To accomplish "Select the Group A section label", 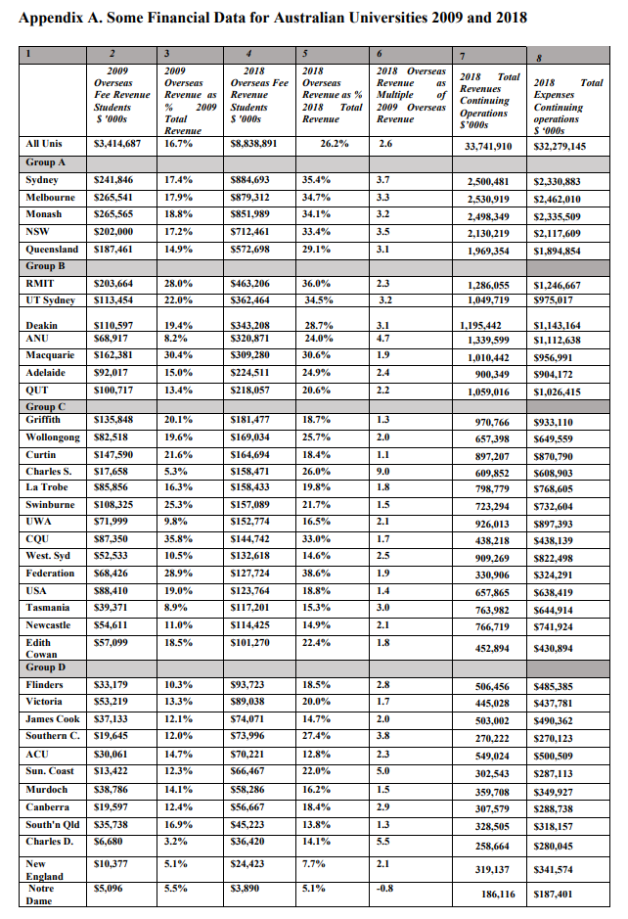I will (x=46, y=162).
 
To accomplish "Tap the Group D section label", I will (x=46, y=666).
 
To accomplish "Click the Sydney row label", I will (x=41, y=180).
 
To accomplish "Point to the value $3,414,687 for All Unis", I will (x=116, y=144).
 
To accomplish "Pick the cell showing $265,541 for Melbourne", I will (x=112, y=198).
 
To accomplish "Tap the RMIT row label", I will (x=40, y=283).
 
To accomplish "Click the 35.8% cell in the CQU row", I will (x=179, y=539).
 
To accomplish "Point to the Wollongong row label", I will (x=53, y=437).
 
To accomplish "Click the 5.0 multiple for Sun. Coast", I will (x=383, y=770).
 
